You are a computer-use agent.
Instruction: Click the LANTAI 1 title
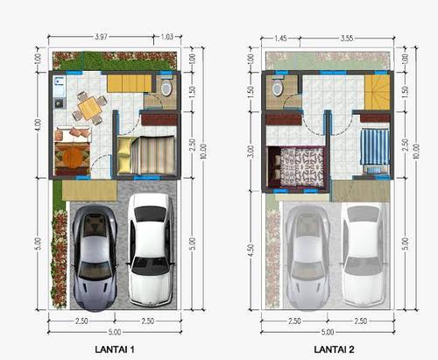115,349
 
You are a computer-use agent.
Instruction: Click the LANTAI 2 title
334,349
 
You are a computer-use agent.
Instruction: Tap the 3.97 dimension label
101,37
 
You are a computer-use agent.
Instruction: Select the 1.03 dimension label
167,37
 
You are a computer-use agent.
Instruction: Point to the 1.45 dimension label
280,39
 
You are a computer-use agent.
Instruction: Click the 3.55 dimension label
347,39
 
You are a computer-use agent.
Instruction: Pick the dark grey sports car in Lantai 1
95,258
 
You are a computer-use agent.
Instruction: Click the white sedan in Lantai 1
151,250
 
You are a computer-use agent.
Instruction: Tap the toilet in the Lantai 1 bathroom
166,86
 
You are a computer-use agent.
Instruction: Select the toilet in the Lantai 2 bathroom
278,86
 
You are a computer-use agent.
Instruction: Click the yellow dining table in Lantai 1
90,109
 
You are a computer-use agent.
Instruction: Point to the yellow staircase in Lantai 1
131,84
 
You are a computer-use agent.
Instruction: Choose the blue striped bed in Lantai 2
375,152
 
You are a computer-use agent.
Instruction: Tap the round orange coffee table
73,156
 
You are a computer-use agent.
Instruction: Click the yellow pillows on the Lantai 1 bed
125,155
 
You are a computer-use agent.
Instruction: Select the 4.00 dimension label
38,124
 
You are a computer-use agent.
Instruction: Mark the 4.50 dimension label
251,251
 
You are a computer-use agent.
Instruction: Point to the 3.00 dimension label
251,152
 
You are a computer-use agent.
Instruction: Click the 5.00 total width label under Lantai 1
115,332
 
